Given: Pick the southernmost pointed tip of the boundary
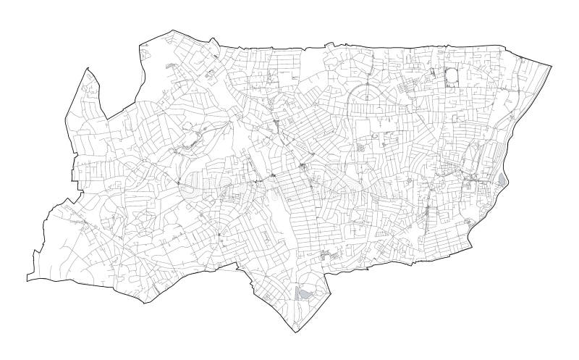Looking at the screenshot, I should click(x=292, y=332).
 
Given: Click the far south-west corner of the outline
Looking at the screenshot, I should click(x=27, y=279).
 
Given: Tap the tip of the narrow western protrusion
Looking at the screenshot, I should click(x=87, y=69).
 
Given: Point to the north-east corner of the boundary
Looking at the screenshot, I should click(x=549, y=64).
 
